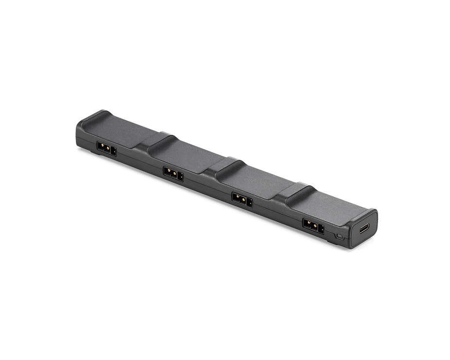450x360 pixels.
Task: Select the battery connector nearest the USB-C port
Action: click(x=313, y=226)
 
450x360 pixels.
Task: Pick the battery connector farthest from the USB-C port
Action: click(x=107, y=148)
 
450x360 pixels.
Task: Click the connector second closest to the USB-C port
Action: click(x=242, y=199)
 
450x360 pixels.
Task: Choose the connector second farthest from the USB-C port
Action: click(x=173, y=173)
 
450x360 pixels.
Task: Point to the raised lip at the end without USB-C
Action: click(x=92, y=117)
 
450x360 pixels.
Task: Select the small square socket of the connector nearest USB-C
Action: click(x=321, y=228)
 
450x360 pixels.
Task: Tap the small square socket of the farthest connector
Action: click(x=114, y=151)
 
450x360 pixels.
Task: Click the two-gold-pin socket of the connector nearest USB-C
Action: click(x=310, y=224)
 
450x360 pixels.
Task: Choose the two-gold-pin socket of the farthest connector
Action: click(x=104, y=147)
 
